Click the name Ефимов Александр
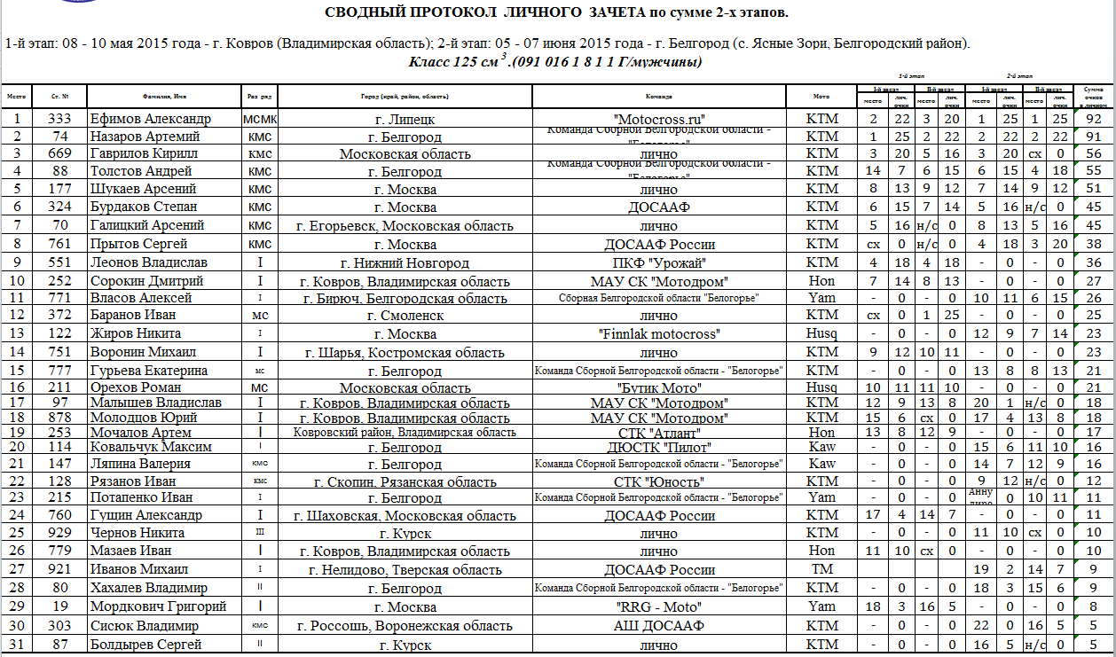(x=151, y=119)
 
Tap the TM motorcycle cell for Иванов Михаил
(x=821, y=569)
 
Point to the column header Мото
(x=821, y=97)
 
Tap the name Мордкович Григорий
(x=157, y=606)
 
